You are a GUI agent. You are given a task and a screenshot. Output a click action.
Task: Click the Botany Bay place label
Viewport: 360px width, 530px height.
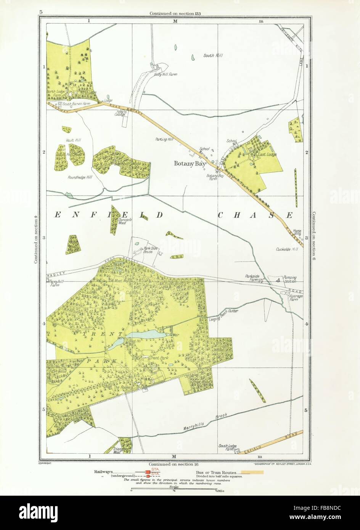point(190,164)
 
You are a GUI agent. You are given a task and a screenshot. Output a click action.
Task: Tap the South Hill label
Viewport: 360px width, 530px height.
point(213,56)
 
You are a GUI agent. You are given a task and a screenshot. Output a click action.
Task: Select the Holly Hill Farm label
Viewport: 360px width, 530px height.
point(166,75)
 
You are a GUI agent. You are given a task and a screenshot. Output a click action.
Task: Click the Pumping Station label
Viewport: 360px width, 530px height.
point(289,279)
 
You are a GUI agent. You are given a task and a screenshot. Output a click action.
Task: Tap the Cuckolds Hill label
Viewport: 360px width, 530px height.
point(287,249)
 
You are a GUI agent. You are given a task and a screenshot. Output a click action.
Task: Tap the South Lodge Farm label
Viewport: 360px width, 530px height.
point(226,448)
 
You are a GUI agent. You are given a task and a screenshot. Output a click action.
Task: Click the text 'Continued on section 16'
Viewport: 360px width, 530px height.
point(175,463)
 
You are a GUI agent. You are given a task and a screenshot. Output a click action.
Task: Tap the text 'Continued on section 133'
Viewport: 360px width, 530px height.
point(175,13)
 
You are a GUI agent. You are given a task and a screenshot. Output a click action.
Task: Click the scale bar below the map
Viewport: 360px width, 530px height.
point(174,489)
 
